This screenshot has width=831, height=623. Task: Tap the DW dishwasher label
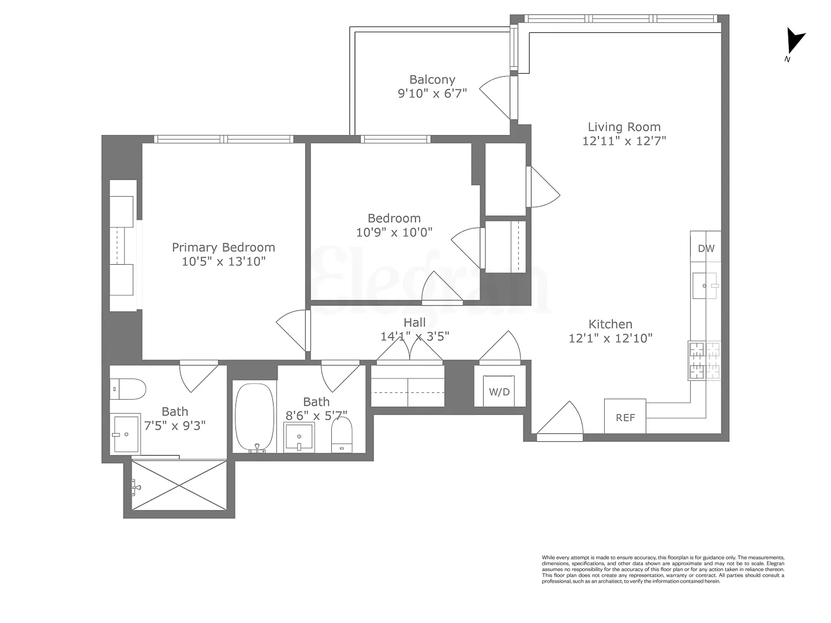coord(706,249)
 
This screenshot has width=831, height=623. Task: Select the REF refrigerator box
coord(625,416)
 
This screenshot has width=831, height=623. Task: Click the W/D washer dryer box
coord(499,392)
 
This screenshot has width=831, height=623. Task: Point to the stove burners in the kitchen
coord(704,361)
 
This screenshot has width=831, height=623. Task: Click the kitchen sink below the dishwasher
coord(705,286)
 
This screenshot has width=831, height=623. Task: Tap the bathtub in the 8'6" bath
coord(254,416)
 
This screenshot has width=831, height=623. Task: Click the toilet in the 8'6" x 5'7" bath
coord(342,434)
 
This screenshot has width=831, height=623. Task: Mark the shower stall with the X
coord(179,485)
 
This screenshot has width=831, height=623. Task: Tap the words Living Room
coord(624,127)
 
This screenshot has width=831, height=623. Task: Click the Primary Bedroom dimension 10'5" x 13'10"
coord(223,261)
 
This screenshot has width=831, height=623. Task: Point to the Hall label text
coord(414,322)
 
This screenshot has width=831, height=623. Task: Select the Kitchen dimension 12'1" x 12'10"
coord(611,339)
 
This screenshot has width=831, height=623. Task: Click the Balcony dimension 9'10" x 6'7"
coord(432,93)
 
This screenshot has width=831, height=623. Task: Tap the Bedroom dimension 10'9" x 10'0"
coord(394,232)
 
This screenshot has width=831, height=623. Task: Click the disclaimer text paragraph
coord(662,569)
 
